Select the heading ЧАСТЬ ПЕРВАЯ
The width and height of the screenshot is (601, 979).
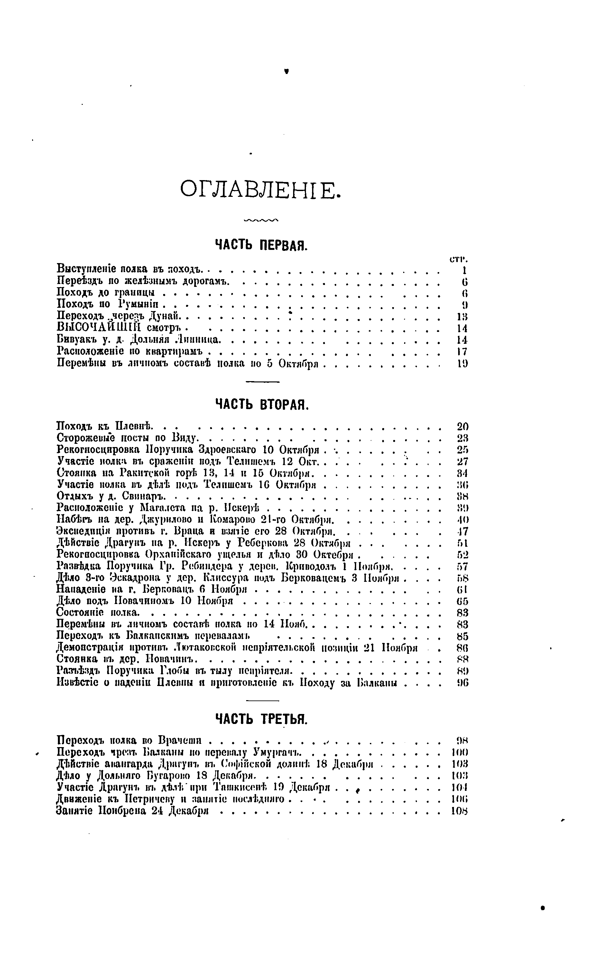click(x=261, y=245)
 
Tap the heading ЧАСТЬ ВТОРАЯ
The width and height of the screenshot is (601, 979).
click(x=262, y=405)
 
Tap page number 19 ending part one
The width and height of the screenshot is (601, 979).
click(x=462, y=363)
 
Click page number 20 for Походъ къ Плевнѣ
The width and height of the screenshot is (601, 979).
click(x=462, y=427)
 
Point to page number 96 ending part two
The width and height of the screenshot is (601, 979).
click(x=462, y=682)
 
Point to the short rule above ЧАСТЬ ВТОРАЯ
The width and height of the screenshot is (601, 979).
click(x=262, y=382)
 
